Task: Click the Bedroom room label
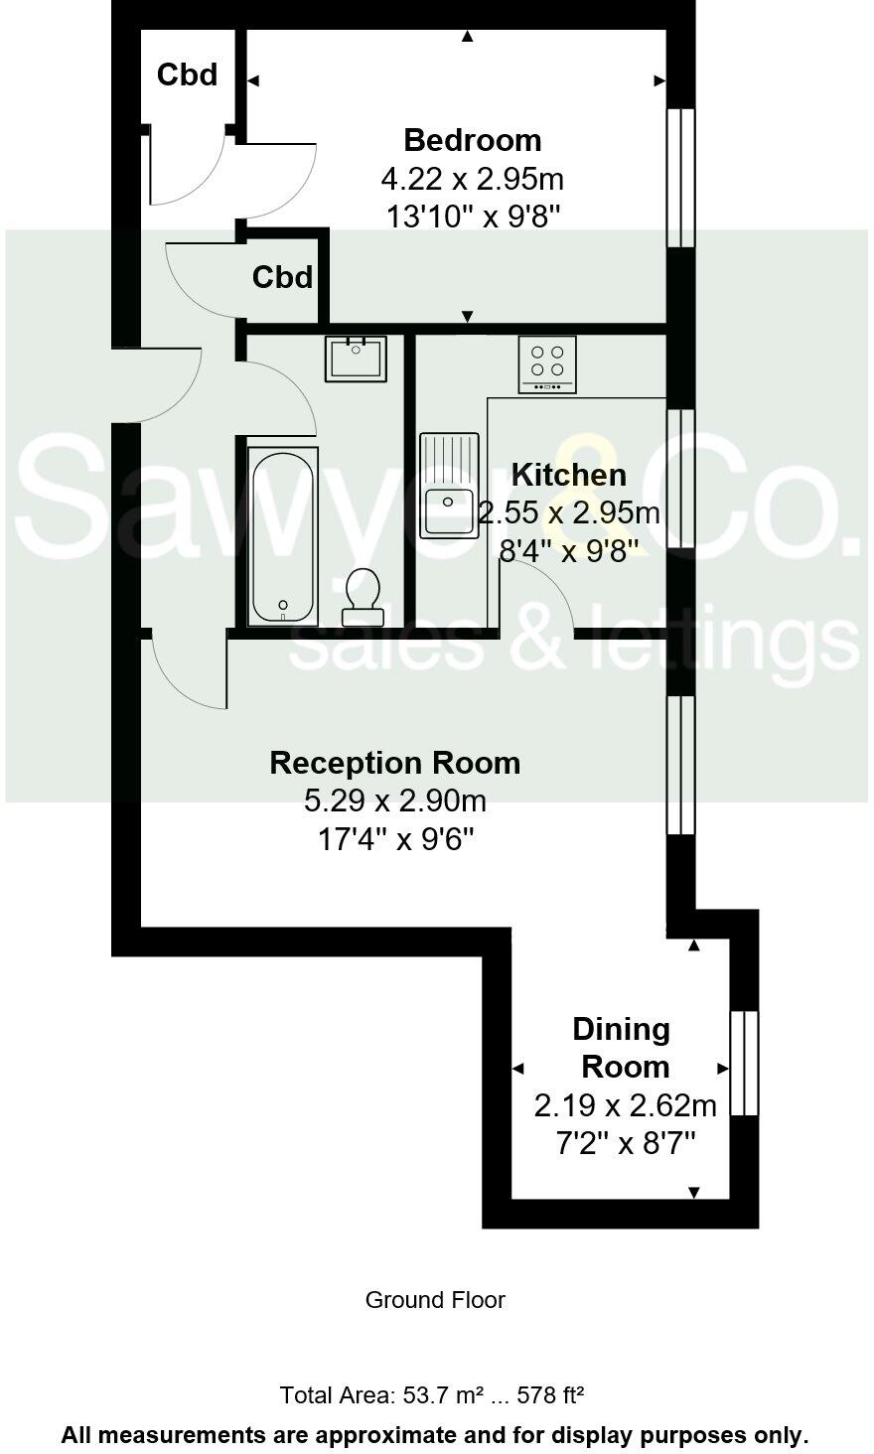(x=472, y=139)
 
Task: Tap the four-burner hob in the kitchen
(x=546, y=364)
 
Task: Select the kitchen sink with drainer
(x=449, y=486)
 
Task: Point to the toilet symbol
(x=363, y=597)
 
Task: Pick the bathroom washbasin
(x=355, y=359)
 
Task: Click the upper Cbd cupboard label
(x=188, y=74)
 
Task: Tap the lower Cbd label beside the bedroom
(x=282, y=277)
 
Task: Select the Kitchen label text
(x=568, y=475)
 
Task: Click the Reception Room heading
(x=394, y=763)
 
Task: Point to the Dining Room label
(x=623, y=1048)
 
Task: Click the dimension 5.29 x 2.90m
(x=394, y=800)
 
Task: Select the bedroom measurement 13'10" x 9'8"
(x=472, y=216)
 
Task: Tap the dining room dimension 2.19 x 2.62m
(x=625, y=1104)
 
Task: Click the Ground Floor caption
(x=435, y=1300)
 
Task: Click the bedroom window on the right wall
(x=680, y=177)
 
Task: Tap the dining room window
(x=744, y=1064)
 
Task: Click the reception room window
(x=680, y=765)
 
